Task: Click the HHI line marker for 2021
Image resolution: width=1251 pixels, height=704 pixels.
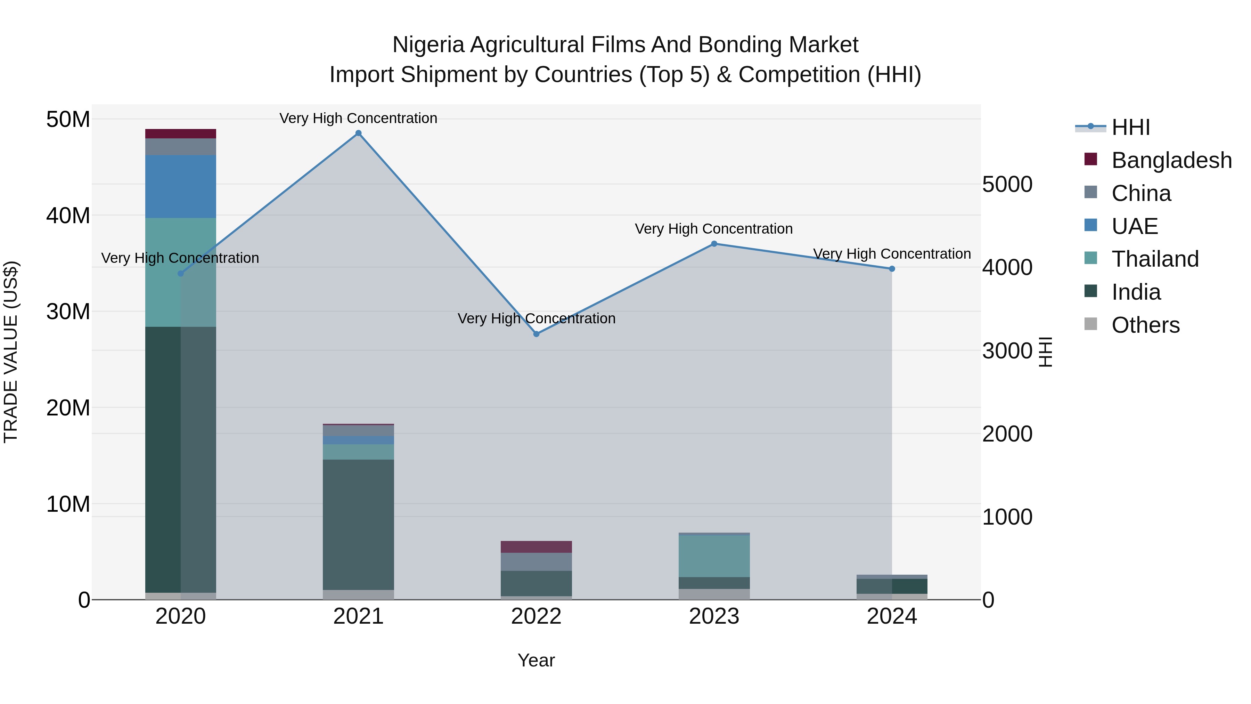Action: point(358,133)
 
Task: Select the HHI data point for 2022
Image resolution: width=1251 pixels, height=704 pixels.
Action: point(536,334)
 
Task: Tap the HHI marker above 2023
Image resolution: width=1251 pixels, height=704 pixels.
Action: point(714,244)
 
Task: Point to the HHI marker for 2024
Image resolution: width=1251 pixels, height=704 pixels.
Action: point(892,269)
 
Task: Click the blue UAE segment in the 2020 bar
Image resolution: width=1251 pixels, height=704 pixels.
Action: point(181,187)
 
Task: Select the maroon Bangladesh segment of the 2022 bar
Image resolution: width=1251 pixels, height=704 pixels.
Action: point(536,547)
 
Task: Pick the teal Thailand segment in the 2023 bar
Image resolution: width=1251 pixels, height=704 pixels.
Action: point(714,556)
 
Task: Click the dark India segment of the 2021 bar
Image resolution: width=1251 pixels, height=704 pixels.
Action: point(358,525)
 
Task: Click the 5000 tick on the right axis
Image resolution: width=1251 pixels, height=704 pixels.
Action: point(1007,185)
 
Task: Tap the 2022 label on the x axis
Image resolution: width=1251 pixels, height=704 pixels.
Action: point(536,616)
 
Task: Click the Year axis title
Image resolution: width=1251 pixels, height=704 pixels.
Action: point(536,660)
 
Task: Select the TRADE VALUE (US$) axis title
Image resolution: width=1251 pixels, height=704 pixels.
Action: point(11,352)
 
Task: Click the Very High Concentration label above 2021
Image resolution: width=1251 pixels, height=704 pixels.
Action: point(358,118)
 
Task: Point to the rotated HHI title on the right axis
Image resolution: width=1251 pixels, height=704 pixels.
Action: point(1045,352)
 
